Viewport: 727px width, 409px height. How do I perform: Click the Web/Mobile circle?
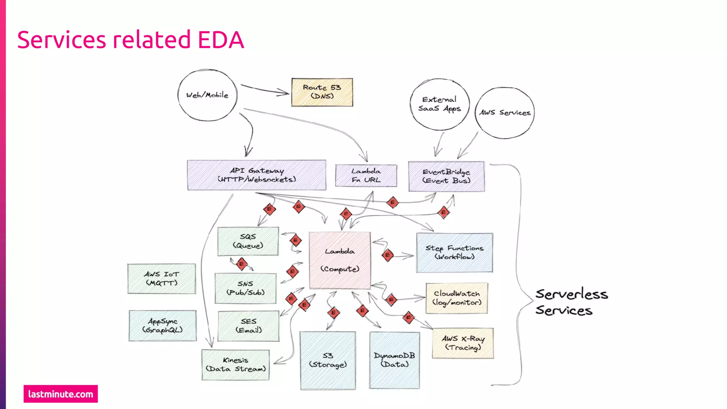207,95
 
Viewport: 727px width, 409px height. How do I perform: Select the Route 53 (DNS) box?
322,92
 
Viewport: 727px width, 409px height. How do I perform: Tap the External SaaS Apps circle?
439,104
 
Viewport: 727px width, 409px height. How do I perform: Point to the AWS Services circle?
504,113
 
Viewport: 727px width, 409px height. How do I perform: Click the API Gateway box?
256,175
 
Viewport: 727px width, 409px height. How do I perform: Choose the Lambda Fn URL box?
366,175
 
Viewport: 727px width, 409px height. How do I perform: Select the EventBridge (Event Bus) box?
446,176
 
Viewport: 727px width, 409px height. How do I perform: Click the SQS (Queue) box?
248,241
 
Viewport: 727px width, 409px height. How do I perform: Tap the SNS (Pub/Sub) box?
245,288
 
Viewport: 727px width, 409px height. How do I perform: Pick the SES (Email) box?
248,326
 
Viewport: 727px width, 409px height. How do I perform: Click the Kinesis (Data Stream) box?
235,365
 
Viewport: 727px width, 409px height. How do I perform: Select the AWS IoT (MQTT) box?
162,279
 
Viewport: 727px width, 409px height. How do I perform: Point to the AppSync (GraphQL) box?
162,326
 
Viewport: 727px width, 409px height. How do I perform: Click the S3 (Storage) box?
328,360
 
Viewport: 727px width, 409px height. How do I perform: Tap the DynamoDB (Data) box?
394,360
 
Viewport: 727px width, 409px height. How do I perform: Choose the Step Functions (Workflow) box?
454,252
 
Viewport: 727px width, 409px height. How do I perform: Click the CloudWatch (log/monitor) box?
457,298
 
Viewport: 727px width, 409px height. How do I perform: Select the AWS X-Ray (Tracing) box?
463,343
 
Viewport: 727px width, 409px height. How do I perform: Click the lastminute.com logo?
61,394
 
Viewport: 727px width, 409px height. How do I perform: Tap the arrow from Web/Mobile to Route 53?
264,89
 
